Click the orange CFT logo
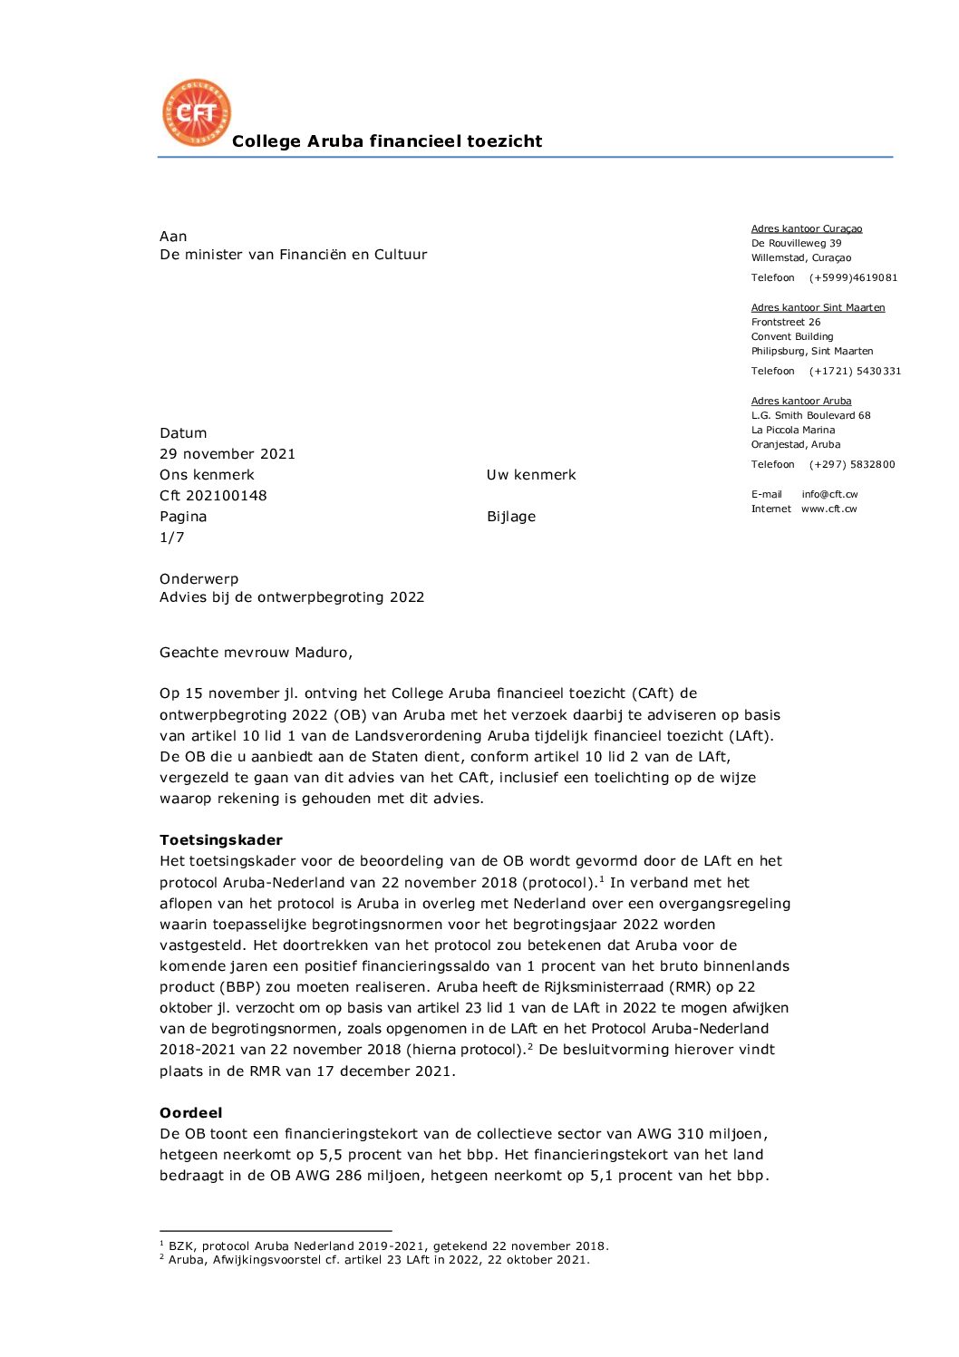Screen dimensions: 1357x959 click(196, 112)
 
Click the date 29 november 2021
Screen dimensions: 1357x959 click(228, 454)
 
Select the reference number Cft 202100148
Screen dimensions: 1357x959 click(213, 496)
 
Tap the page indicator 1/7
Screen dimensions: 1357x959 click(172, 538)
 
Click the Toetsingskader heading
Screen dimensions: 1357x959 click(221, 840)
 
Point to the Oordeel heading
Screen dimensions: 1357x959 click(191, 1113)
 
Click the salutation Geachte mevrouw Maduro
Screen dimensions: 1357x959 click(256, 653)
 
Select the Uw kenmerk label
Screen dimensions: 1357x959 click(531, 475)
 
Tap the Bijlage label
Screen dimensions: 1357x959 click(511, 517)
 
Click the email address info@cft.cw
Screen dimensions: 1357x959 click(829, 495)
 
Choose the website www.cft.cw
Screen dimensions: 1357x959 click(828, 509)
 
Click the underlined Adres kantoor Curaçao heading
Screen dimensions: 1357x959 click(807, 229)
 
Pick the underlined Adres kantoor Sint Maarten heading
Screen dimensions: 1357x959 click(818, 308)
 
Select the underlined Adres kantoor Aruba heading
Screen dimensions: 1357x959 click(801, 402)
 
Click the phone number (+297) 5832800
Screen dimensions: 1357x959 click(852, 465)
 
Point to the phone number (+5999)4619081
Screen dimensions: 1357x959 click(853, 278)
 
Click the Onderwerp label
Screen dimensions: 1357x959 click(199, 579)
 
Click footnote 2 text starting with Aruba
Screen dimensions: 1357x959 click(379, 1260)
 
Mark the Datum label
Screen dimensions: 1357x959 click(183, 433)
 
